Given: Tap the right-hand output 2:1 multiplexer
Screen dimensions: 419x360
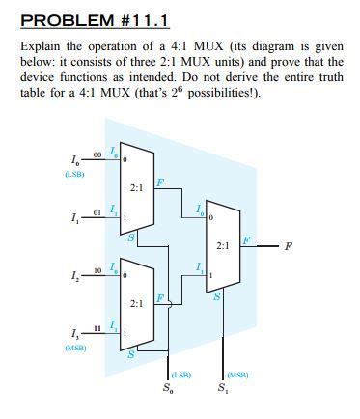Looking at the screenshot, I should pyautogui.click(x=223, y=245).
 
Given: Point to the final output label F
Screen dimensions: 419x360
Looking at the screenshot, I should pyautogui.click(x=288, y=245).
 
